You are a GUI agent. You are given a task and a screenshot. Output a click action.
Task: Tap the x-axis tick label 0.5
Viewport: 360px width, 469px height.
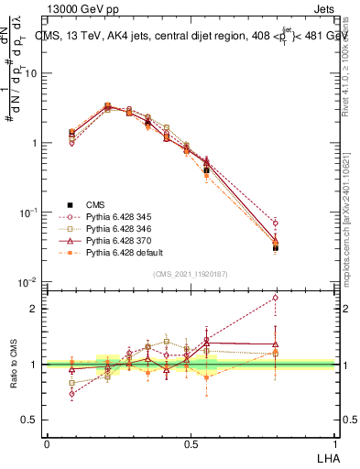tap(191, 443)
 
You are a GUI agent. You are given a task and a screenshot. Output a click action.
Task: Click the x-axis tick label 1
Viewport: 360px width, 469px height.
tap(333, 443)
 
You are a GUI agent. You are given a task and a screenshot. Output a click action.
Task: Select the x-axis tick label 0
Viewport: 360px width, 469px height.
tap(47, 443)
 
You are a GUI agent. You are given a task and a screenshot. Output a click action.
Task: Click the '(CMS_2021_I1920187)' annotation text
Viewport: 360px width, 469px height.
tap(191, 273)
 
